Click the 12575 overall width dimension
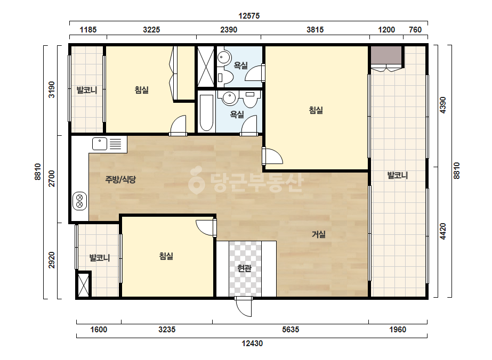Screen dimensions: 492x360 point(249,15)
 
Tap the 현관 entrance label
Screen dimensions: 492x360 point(245,268)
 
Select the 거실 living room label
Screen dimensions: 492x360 point(318,234)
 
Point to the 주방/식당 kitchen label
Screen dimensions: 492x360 point(120,179)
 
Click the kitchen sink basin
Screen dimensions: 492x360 point(100,144)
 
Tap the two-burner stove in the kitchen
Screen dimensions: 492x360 point(80,201)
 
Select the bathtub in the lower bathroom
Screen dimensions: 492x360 point(206,112)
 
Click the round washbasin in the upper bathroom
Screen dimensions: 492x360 point(224,57)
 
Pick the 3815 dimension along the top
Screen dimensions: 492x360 point(315,30)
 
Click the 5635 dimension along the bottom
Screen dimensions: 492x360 point(291,330)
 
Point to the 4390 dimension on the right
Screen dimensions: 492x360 point(442,105)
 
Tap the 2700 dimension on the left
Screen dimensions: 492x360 point(52,178)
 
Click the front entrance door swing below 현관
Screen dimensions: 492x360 point(244,307)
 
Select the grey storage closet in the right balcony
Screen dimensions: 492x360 point(386,55)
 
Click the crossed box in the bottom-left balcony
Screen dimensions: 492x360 point(84,284)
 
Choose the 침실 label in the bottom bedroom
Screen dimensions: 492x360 point(166,256)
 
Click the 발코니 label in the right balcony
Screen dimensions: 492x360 point(398,175)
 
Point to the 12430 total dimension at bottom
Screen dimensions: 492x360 point(252,343)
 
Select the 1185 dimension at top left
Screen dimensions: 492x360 point(88,30)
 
